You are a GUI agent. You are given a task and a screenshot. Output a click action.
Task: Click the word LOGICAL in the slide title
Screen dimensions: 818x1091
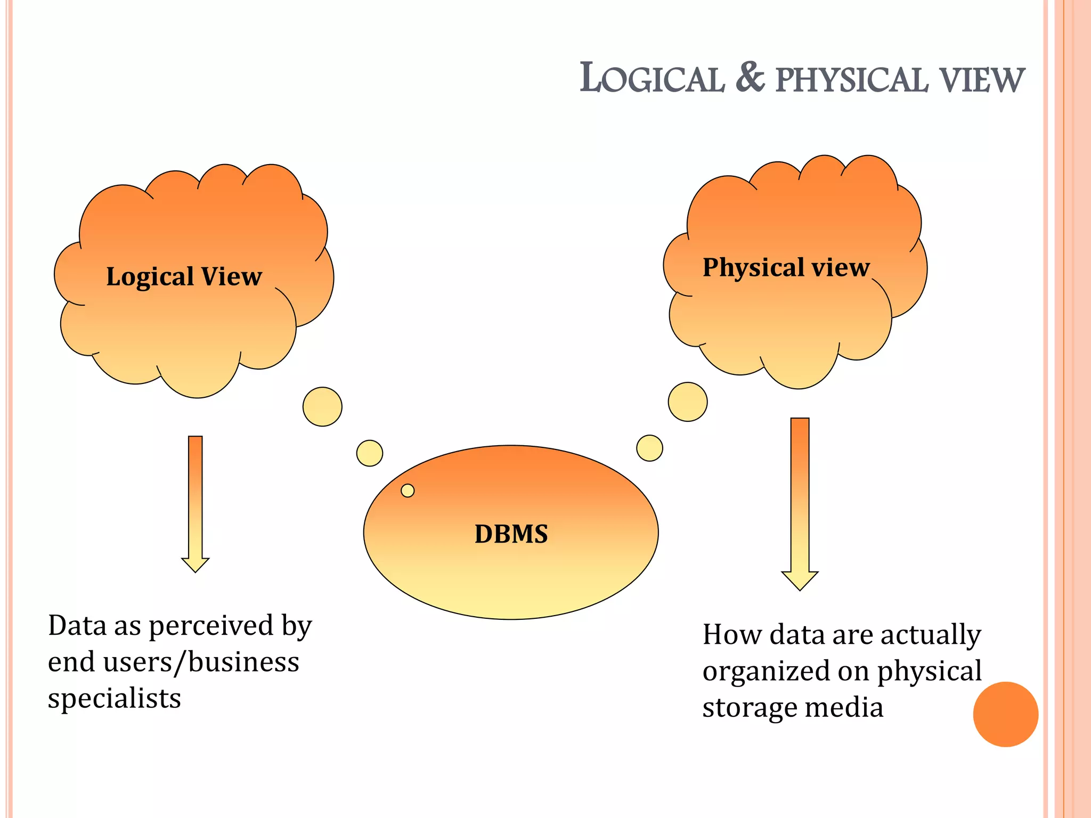[x=652, y=79]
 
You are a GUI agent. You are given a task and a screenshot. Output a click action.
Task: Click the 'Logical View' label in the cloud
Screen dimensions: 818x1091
[x=184, y=276]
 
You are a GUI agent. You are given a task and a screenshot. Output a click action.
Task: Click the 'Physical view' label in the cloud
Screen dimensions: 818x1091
[x=786, y=267]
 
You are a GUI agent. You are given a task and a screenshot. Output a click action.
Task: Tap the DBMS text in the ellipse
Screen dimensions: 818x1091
[x=511, y=534]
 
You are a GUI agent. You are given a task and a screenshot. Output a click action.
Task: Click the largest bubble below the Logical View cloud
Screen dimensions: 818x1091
[x=322, y=407]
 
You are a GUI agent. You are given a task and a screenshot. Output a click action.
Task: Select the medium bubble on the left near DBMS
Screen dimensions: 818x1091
[x=370, y=453]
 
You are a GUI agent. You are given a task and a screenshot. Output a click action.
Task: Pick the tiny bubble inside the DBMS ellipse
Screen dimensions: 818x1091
[x=408, y=490]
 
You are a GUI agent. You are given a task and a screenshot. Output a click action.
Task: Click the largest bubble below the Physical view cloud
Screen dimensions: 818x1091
[x=688, y=402]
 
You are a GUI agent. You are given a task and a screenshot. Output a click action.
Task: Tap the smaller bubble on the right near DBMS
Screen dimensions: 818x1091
[x=649, y=448]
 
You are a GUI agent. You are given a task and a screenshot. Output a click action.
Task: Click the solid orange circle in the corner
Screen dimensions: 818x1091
[x=1005, y=714]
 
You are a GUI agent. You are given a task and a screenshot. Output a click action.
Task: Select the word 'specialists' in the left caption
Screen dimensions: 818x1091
[x=115, y=699]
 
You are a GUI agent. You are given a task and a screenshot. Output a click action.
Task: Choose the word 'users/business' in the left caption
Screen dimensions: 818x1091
[x=201, y=662]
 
